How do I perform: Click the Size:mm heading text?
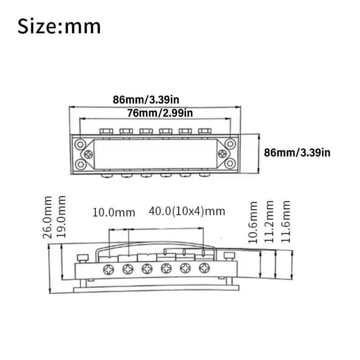[59, 27]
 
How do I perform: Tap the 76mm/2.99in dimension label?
[160, 113]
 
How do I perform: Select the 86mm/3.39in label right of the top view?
[297, 153]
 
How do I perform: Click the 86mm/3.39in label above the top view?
[146, 99]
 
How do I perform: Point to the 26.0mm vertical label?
[48, 218]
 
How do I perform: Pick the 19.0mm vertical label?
[61, 217]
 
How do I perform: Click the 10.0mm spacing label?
[114, 212]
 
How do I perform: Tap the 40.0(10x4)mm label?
[187, 211]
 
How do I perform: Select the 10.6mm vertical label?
[253, 222]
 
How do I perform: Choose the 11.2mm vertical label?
[269, 222]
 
